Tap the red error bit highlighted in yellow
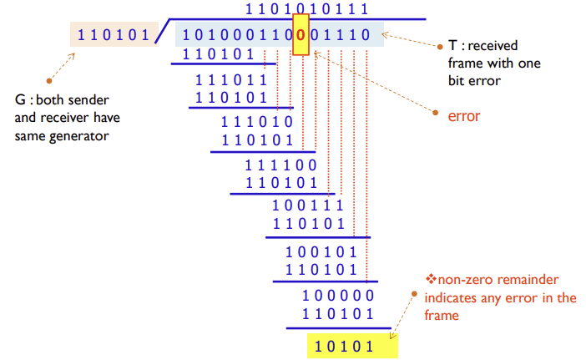coord(301,35)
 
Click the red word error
coord(464,116)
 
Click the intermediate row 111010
coord(257,122)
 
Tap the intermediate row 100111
coord(308,205)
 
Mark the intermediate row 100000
coord(337,295)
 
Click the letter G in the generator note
coord(20,99)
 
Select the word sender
coord(91,99)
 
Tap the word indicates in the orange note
coord(452,297)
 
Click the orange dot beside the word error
coord(436,116)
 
